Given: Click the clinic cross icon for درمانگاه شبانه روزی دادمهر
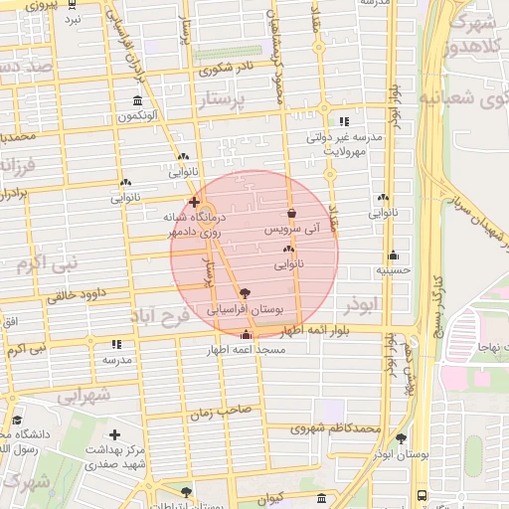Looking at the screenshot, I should click(194, 201).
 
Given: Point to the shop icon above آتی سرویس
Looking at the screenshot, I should click(290, 213).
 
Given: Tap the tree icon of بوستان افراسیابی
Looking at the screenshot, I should click(246, 294).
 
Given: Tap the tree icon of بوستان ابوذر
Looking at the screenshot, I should click(401, 437).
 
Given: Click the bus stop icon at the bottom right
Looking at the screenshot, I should click(423, 494).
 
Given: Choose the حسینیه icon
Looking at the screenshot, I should click(394, 254).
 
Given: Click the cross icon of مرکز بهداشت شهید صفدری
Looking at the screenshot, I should click(115, 435).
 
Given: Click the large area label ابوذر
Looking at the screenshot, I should click(366, 302).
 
